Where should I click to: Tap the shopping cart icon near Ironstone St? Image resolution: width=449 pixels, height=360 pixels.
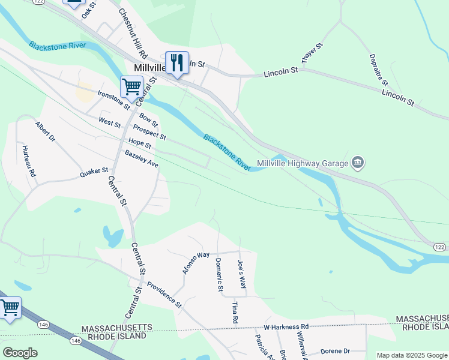[x=131, y=86]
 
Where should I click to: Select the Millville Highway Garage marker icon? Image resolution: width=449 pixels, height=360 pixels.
[x=358, y=163]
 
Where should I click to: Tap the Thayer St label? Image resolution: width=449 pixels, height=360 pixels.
[x=312, y=54]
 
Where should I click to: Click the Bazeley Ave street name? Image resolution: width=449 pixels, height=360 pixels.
[x=141, y=159]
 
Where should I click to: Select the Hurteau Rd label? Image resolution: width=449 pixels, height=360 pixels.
[x=29, y=161]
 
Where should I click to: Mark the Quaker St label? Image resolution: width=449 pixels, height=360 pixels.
[x=94, y=173]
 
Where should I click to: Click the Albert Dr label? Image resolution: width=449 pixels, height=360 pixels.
[x=45, y=132]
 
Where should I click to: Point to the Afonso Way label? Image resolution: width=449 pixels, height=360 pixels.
[x=196, y=263]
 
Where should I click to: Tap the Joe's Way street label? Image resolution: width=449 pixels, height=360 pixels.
[x=241, y=273]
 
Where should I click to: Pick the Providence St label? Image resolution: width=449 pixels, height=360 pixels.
[x=164, y=293]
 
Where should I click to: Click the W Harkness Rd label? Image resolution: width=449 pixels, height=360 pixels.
[x=286, y=328]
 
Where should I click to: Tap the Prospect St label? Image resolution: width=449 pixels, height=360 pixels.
[x=149, y=133]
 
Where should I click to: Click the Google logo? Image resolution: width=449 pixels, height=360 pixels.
[x=20, y=353]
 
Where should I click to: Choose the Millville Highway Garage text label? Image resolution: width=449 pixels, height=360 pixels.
[x=303, y=163]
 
